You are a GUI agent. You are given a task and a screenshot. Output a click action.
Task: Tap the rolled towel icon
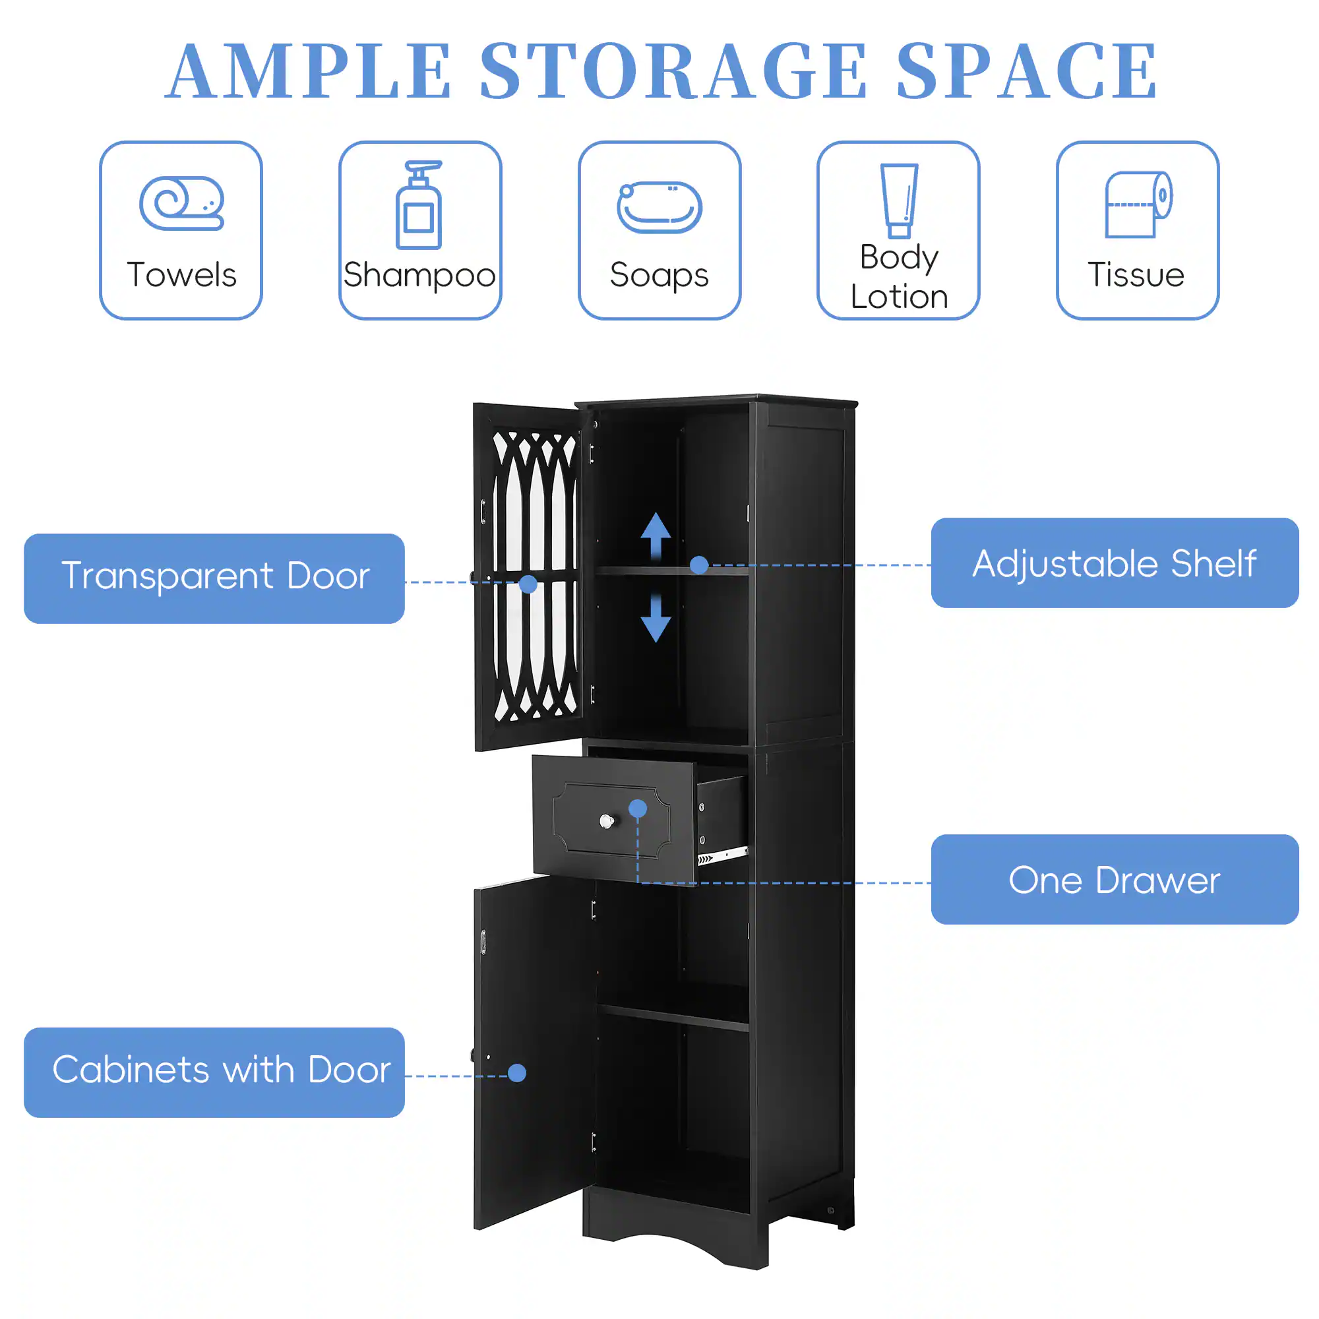181,202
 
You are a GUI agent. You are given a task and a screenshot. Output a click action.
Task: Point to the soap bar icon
659,207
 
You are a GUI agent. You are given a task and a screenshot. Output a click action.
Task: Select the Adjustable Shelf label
1114,563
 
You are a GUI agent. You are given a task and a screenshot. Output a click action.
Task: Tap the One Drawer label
1114,879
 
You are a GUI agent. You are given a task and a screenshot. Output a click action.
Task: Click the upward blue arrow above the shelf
656,537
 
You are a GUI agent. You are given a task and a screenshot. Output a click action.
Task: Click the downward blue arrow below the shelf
656,619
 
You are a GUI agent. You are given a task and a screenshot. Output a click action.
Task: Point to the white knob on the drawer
606,821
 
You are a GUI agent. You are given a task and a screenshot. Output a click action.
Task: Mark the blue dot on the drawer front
638,809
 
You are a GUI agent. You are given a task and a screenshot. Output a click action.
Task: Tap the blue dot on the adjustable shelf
698,565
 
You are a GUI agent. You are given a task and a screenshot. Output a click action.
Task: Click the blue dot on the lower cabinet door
517,1072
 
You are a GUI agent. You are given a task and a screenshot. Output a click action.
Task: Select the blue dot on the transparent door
528,584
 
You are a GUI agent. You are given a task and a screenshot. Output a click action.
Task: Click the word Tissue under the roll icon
1136,274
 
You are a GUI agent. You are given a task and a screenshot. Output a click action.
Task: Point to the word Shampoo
419,275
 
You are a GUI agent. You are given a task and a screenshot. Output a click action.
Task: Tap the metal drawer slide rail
722,855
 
